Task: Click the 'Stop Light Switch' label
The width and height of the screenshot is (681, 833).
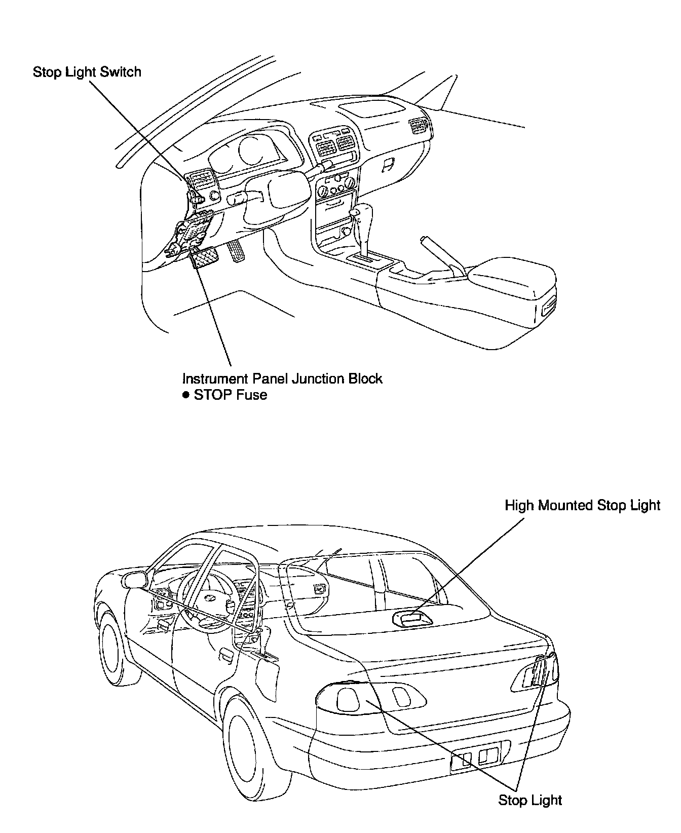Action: pyautogui.click(x=87, y=72)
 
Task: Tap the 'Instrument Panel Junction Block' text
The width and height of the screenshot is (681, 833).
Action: pyautogui.click(x=282, y=378)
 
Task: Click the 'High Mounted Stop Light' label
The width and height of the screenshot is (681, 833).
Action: pyautogui.click(x=583, y=505)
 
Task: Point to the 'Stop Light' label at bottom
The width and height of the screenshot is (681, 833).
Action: pyautogui.click(x=530, y=800)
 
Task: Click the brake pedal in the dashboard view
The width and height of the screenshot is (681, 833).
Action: pyautogui.click(x=205, y=260)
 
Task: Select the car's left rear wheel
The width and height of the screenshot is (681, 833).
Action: pyautogui.click(x=247, y=745)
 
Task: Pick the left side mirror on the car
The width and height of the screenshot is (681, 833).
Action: pyautogui.click(x=134, y=579)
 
